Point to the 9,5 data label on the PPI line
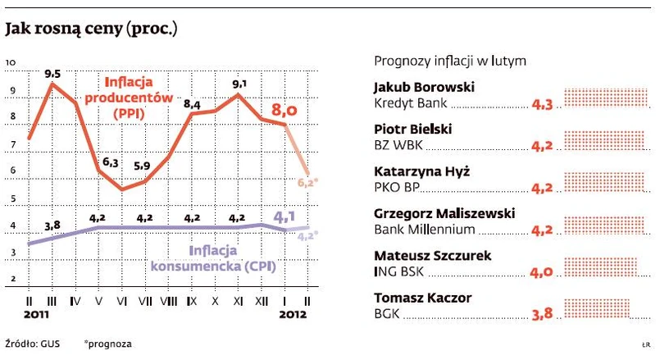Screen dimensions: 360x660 53,71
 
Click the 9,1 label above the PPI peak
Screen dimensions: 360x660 240,83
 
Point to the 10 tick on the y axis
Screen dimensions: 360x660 11,62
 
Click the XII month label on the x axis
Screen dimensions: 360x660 262,301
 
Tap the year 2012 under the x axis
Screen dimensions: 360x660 294,313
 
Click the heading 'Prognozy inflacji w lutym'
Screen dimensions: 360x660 449,61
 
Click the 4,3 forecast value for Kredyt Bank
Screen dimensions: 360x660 543,105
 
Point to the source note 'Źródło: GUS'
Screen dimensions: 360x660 32,343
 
